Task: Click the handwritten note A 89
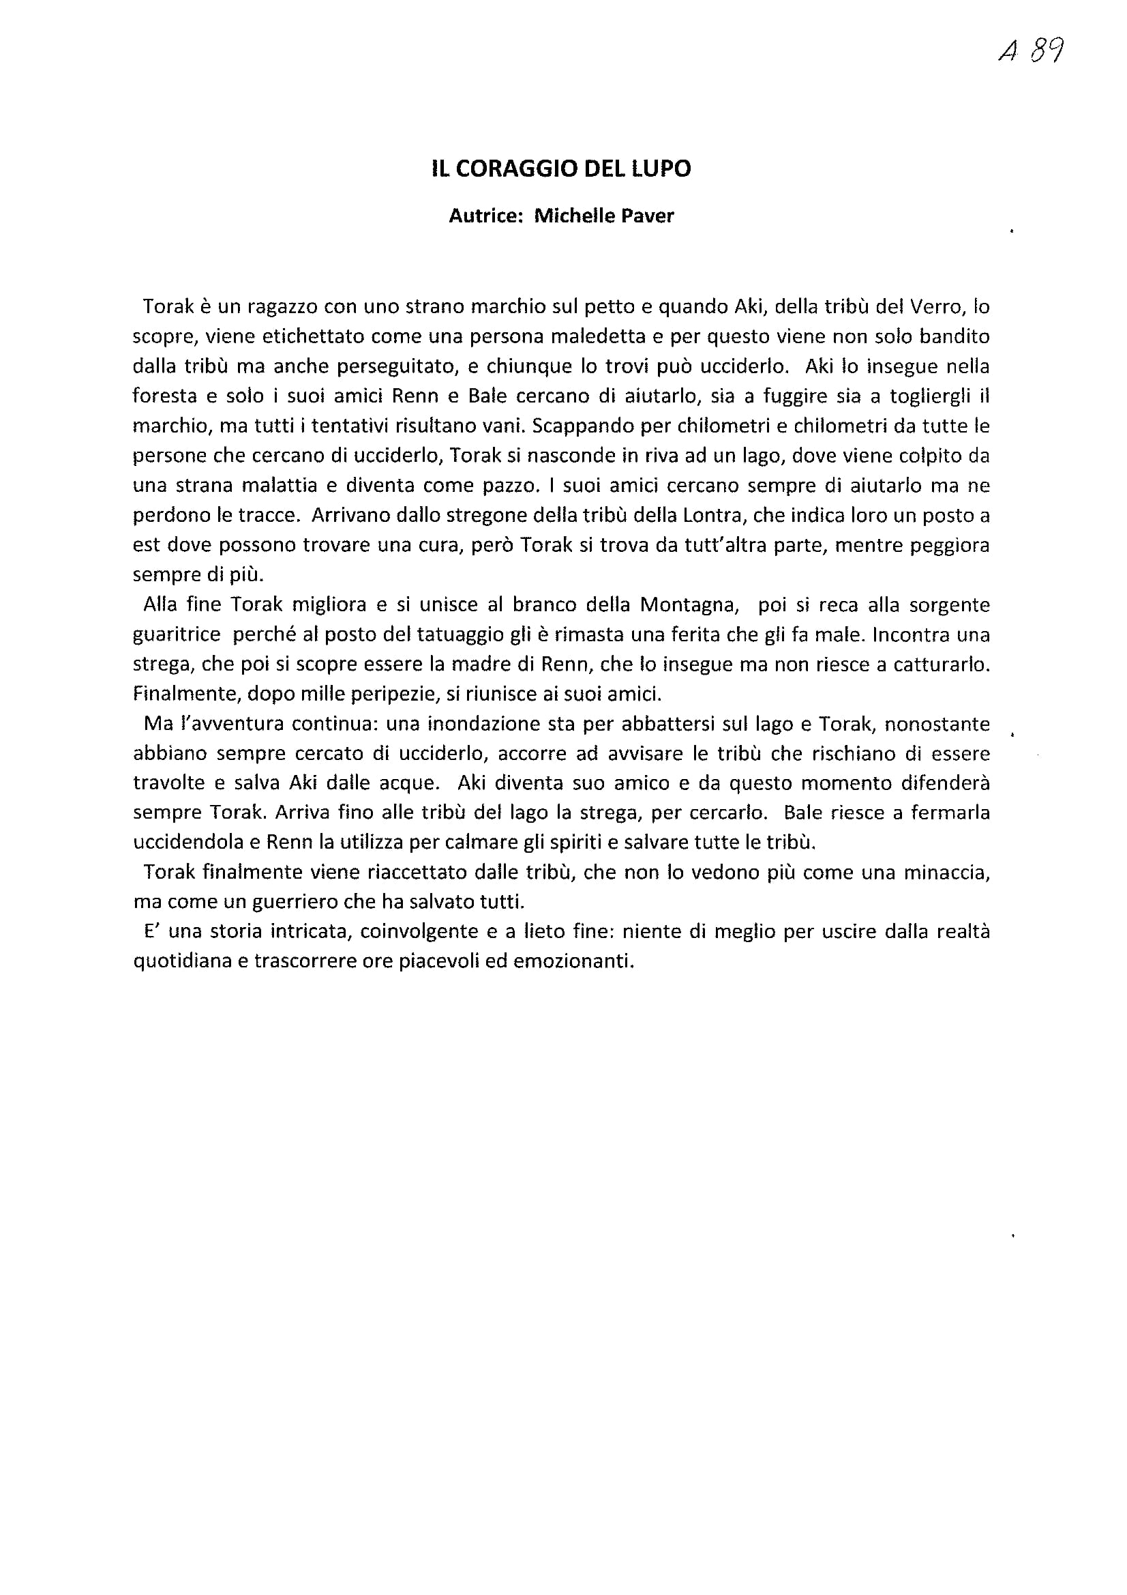coord(1030,50)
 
